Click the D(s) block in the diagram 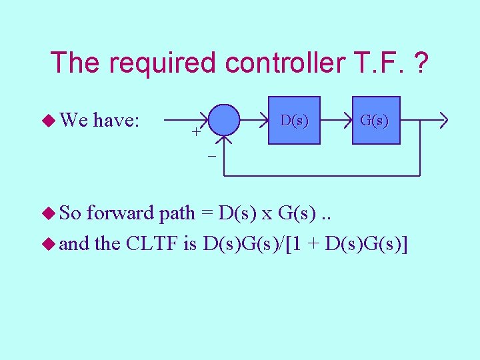pyautogui.click(x=294, y=121)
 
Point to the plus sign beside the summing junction pyautogui.click(x=196, y=131)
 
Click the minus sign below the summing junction pyautogui.click(x=211, y=156)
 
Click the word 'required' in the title pyautogui.click(x=163, y=63)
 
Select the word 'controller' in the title pyautogui.click(x=281, y=63)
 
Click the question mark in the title pyautogui.click(x=421, y=63)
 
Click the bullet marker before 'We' pyautogui.click(x=50, y=121)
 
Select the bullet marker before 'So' pyautogui.click(x=50, y=214)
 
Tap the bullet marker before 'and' pyautogui.click(x=50, y=244)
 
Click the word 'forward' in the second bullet pyautogui.click(x=119, y=214)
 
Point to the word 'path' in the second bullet pyautogui.click(x=177, y=214)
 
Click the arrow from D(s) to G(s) pyautogui.click(x=337, y=121)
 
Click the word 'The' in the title pyautogui.click(x=75, y=63)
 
